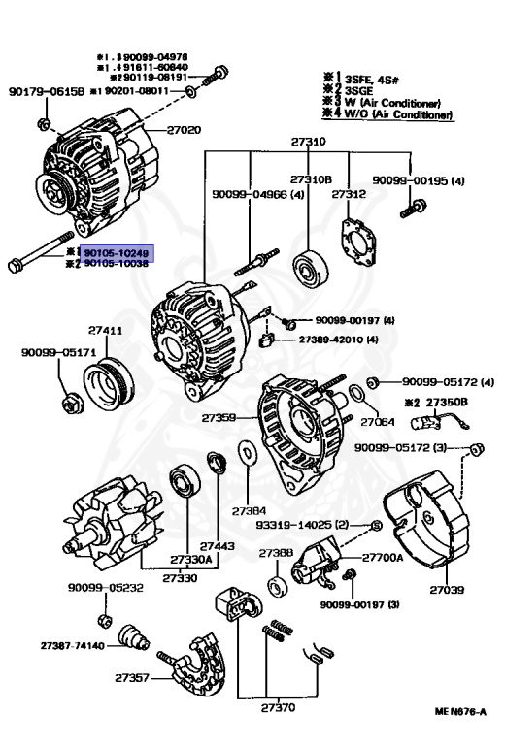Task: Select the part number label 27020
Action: [184, 129]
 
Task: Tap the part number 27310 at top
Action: [308, 142]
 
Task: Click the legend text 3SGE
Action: [368, 91]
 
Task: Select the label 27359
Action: [219, 418]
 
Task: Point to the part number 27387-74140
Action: [73, 645]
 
